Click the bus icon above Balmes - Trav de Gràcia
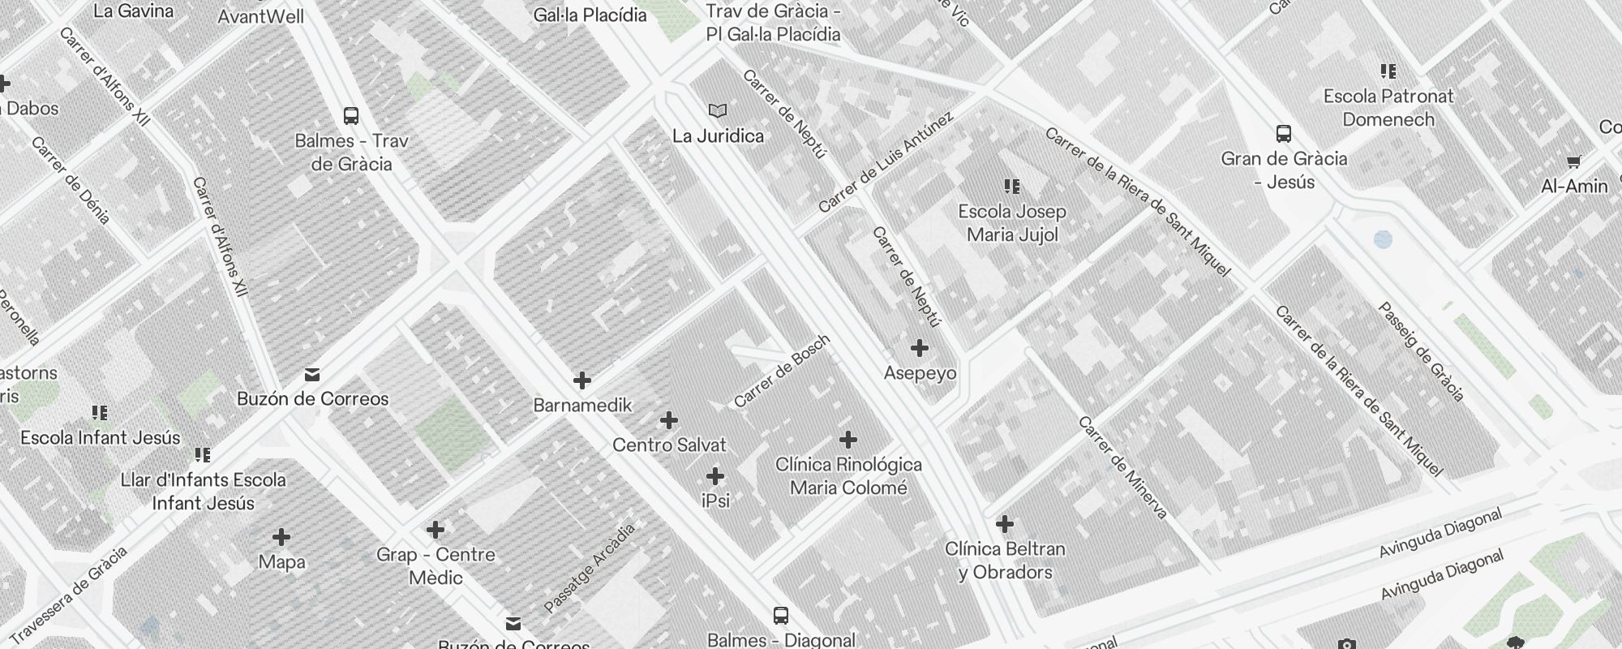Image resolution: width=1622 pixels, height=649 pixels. coord(351,116)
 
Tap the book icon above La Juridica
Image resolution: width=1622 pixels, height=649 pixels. coord(718,110)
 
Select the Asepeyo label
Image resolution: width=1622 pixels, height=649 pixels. coord(920,373)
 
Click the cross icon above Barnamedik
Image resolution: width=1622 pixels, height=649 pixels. coord(582,380)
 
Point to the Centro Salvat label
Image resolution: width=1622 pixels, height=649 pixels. coord(669,445)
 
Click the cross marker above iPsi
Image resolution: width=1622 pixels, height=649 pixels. coord(715,476)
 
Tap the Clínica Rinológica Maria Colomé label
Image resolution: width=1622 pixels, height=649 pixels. coord(848,476)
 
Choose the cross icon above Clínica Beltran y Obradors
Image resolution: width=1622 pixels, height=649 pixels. coord(1005,524)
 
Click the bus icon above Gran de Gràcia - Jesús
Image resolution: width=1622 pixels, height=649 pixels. coord(1284,134)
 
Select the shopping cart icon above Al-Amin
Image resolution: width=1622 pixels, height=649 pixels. coord(1574,161)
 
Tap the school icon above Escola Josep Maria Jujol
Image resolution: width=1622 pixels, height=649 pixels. coord(1012,187)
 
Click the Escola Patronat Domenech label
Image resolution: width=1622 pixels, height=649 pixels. coord(1388,108)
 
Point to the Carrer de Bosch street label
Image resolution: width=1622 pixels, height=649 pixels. coord(782,372)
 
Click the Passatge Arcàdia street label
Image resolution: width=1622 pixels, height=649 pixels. coord(590,568)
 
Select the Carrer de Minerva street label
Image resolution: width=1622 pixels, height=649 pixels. coord(1122,467)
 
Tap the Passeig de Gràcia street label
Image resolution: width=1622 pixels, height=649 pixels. coord(1422,352)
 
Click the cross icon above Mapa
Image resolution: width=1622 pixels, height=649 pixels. coord(281,537)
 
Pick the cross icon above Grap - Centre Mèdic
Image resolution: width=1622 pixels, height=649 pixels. coord(436,531)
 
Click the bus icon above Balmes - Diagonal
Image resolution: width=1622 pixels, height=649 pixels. coord(781,616)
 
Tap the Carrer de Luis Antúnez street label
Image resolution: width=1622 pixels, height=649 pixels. coord(886,163)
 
